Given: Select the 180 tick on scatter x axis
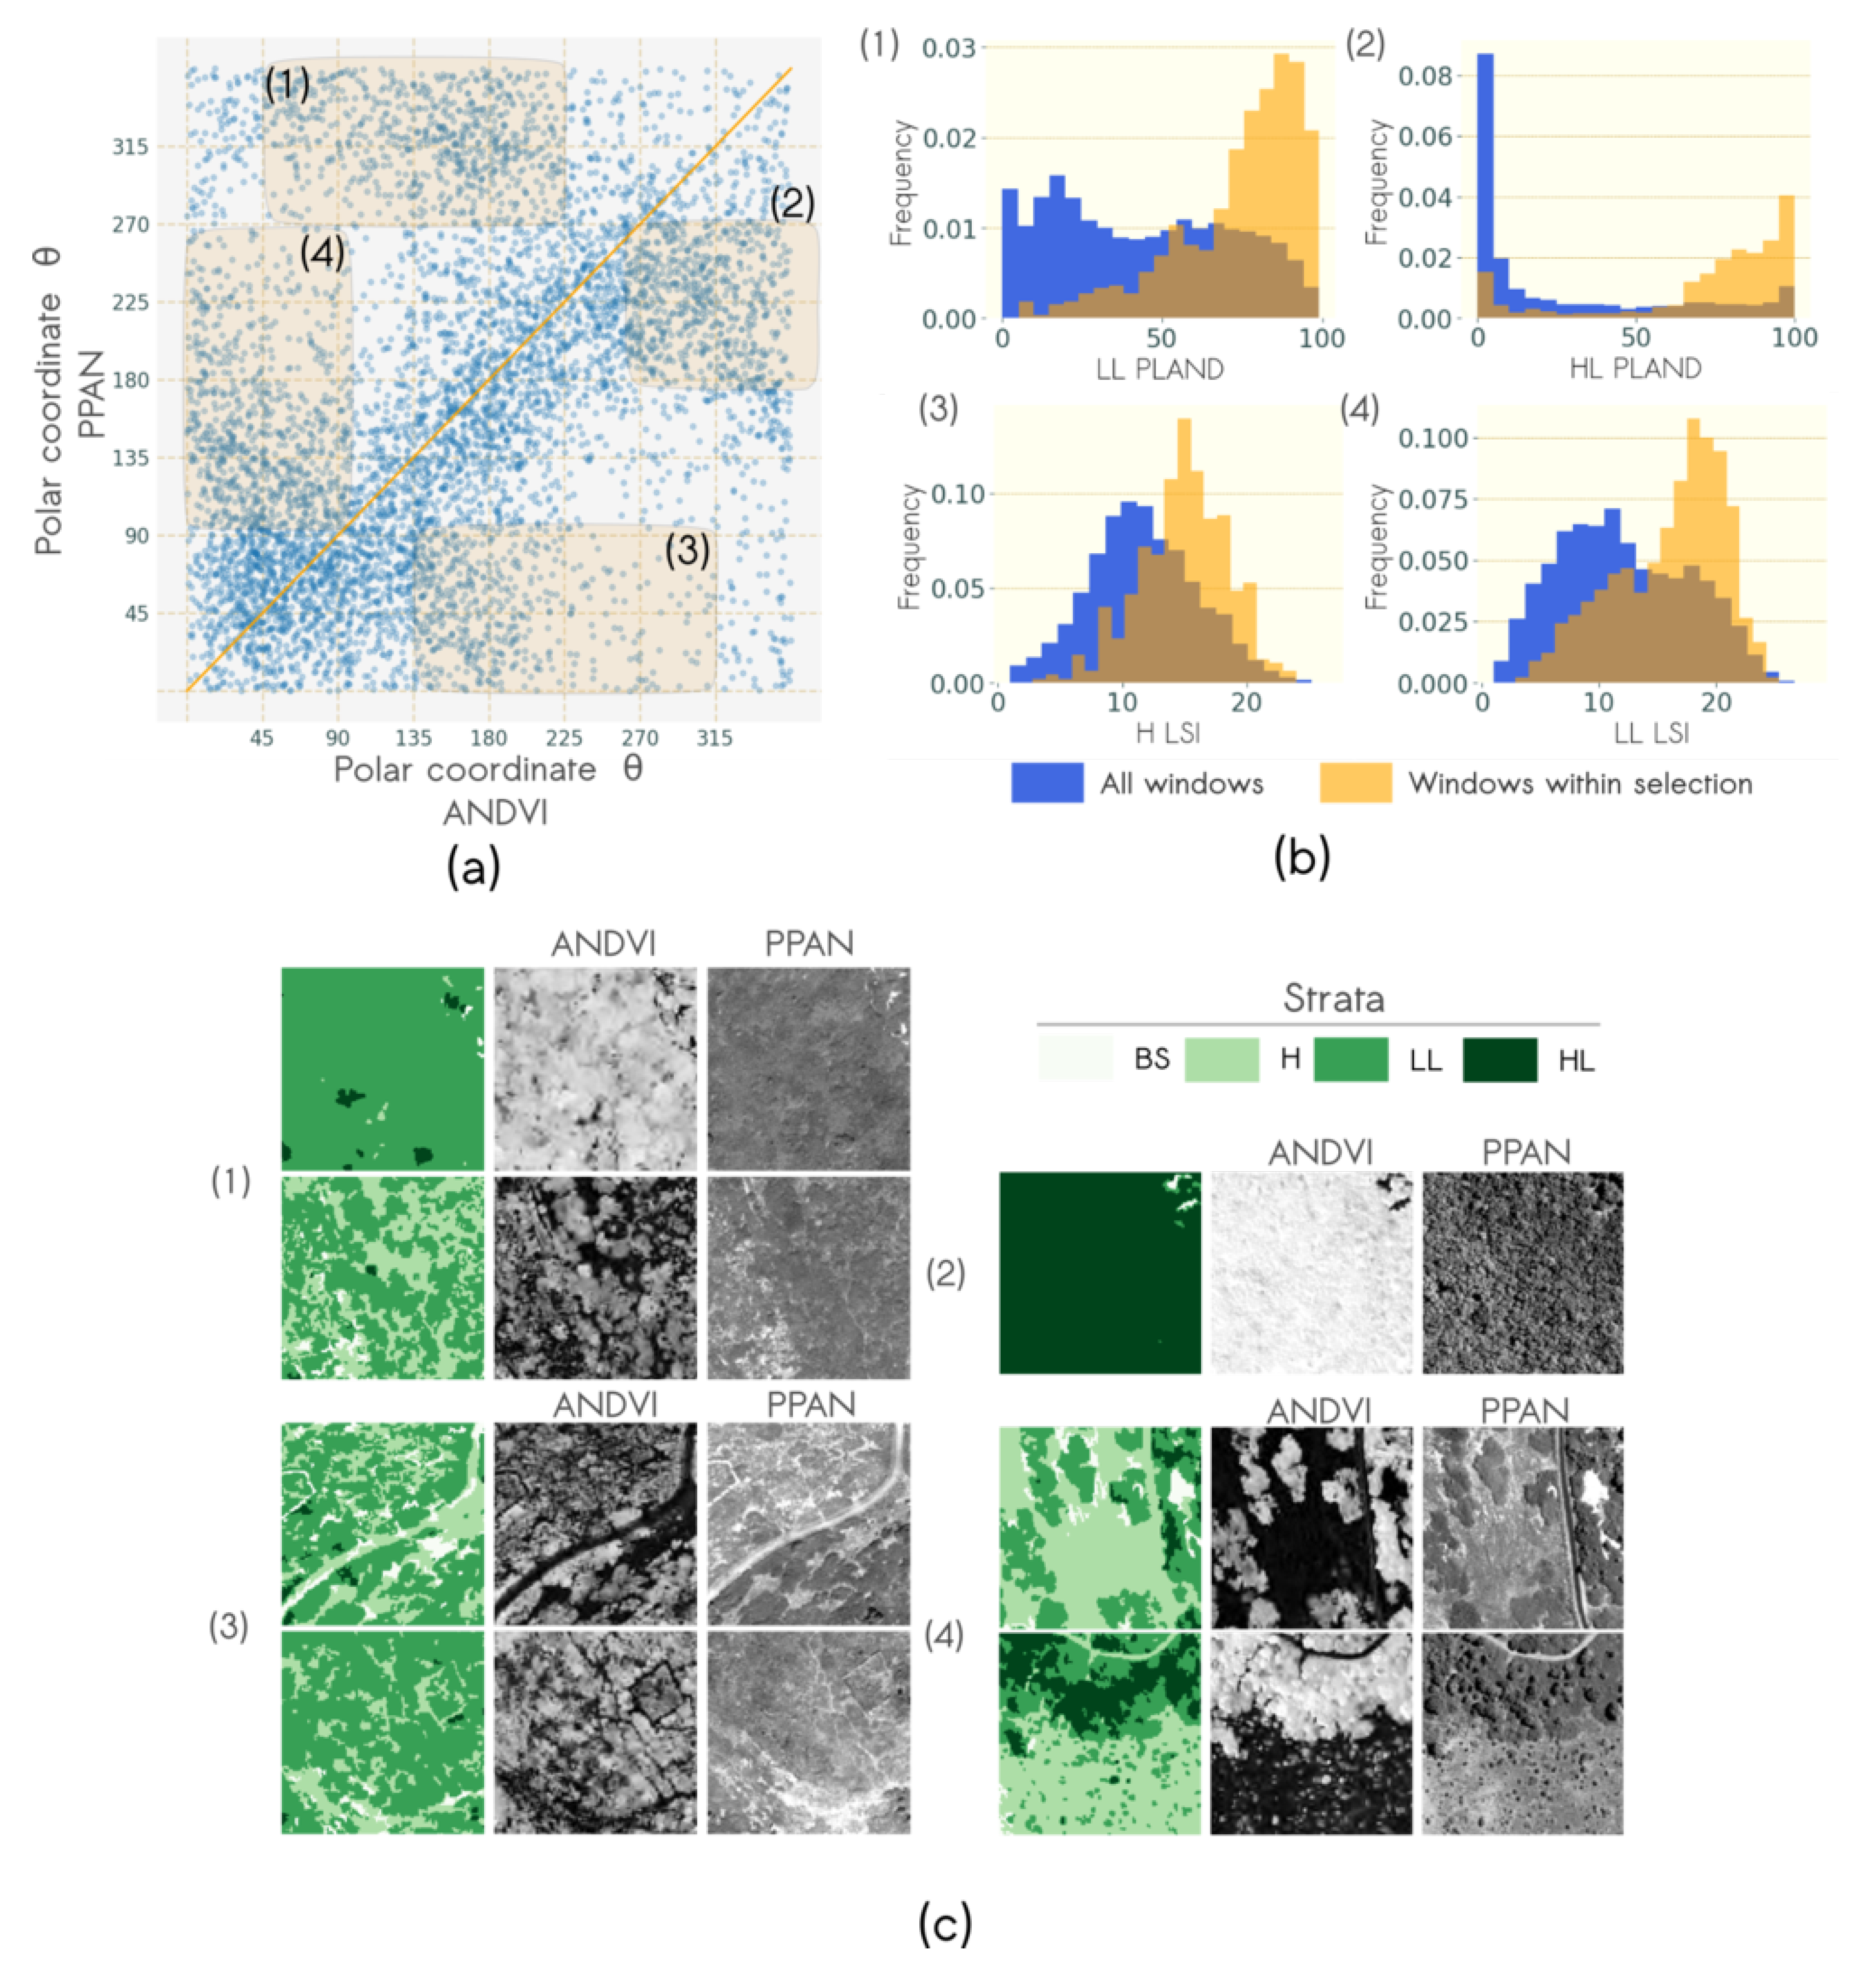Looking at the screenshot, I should pos(488,738).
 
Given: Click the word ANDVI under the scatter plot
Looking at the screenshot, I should pos(495,813).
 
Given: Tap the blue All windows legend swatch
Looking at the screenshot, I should pos(1047,783).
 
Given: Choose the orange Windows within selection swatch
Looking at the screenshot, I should pos(1355,783).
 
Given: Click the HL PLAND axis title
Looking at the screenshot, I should pos(1635,369).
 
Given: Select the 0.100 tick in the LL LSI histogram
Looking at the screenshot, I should pos(1432,438).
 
